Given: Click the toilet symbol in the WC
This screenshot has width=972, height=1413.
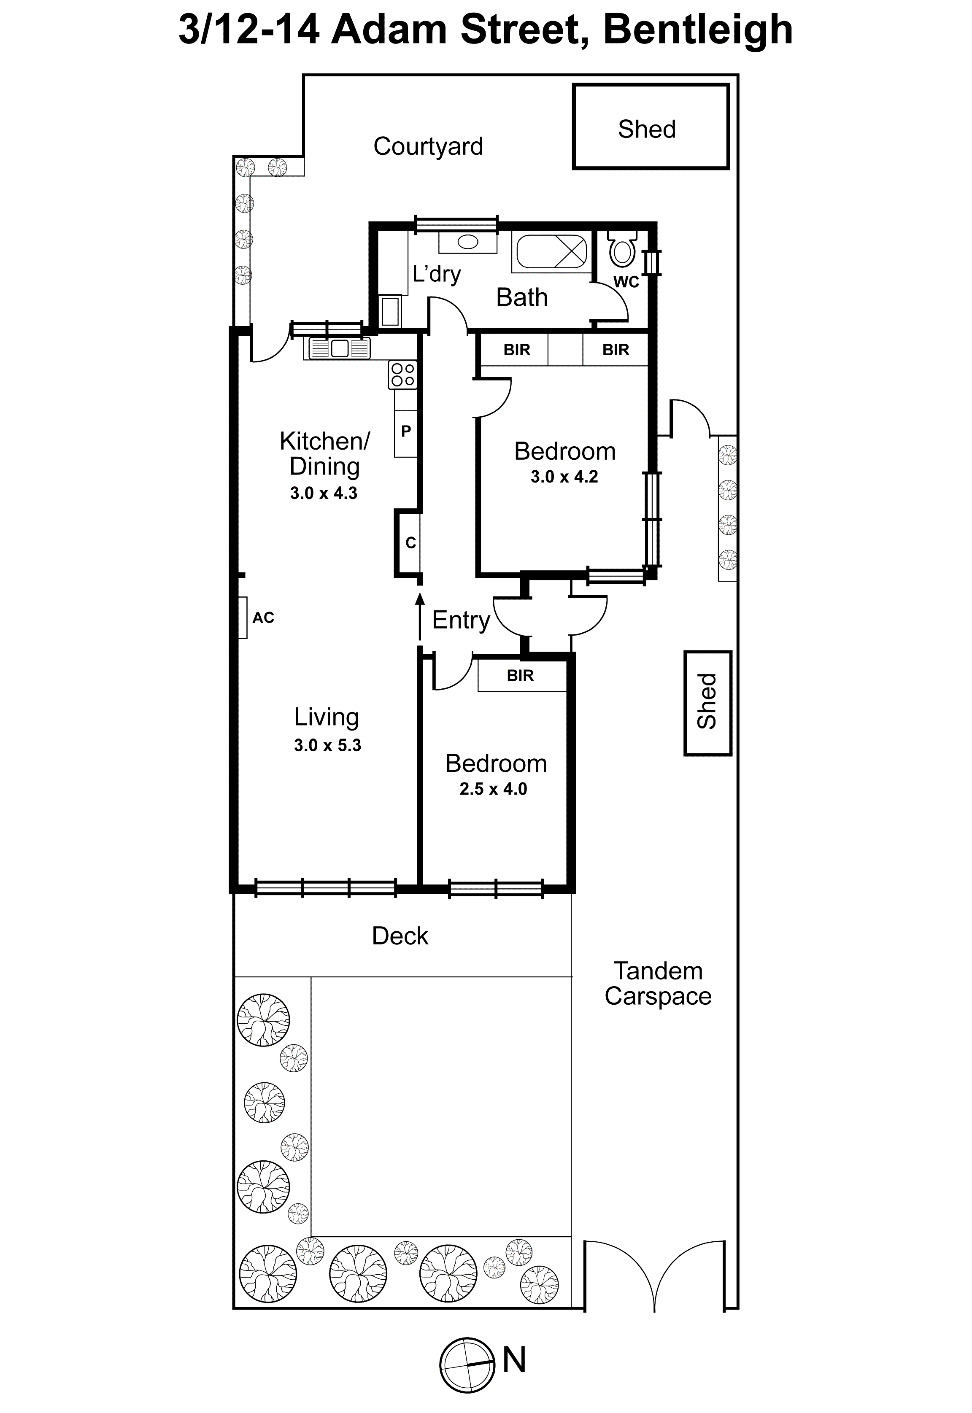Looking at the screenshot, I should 622,251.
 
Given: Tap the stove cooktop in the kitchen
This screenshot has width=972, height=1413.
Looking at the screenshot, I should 402,375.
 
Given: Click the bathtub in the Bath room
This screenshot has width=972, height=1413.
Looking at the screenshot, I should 552,251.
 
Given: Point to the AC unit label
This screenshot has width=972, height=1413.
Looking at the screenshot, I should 263,618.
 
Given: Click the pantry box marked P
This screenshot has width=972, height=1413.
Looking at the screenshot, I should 405,431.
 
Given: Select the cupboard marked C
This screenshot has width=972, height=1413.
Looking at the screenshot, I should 410,542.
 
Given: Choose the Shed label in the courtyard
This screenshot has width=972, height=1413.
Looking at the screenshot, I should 647,129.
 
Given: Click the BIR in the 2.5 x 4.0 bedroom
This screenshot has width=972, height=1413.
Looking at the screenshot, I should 520,675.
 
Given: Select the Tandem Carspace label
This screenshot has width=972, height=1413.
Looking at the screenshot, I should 658,983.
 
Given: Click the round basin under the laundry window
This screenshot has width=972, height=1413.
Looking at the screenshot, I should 468,242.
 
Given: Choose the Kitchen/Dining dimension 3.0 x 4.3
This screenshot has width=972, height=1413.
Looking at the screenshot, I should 324,493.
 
